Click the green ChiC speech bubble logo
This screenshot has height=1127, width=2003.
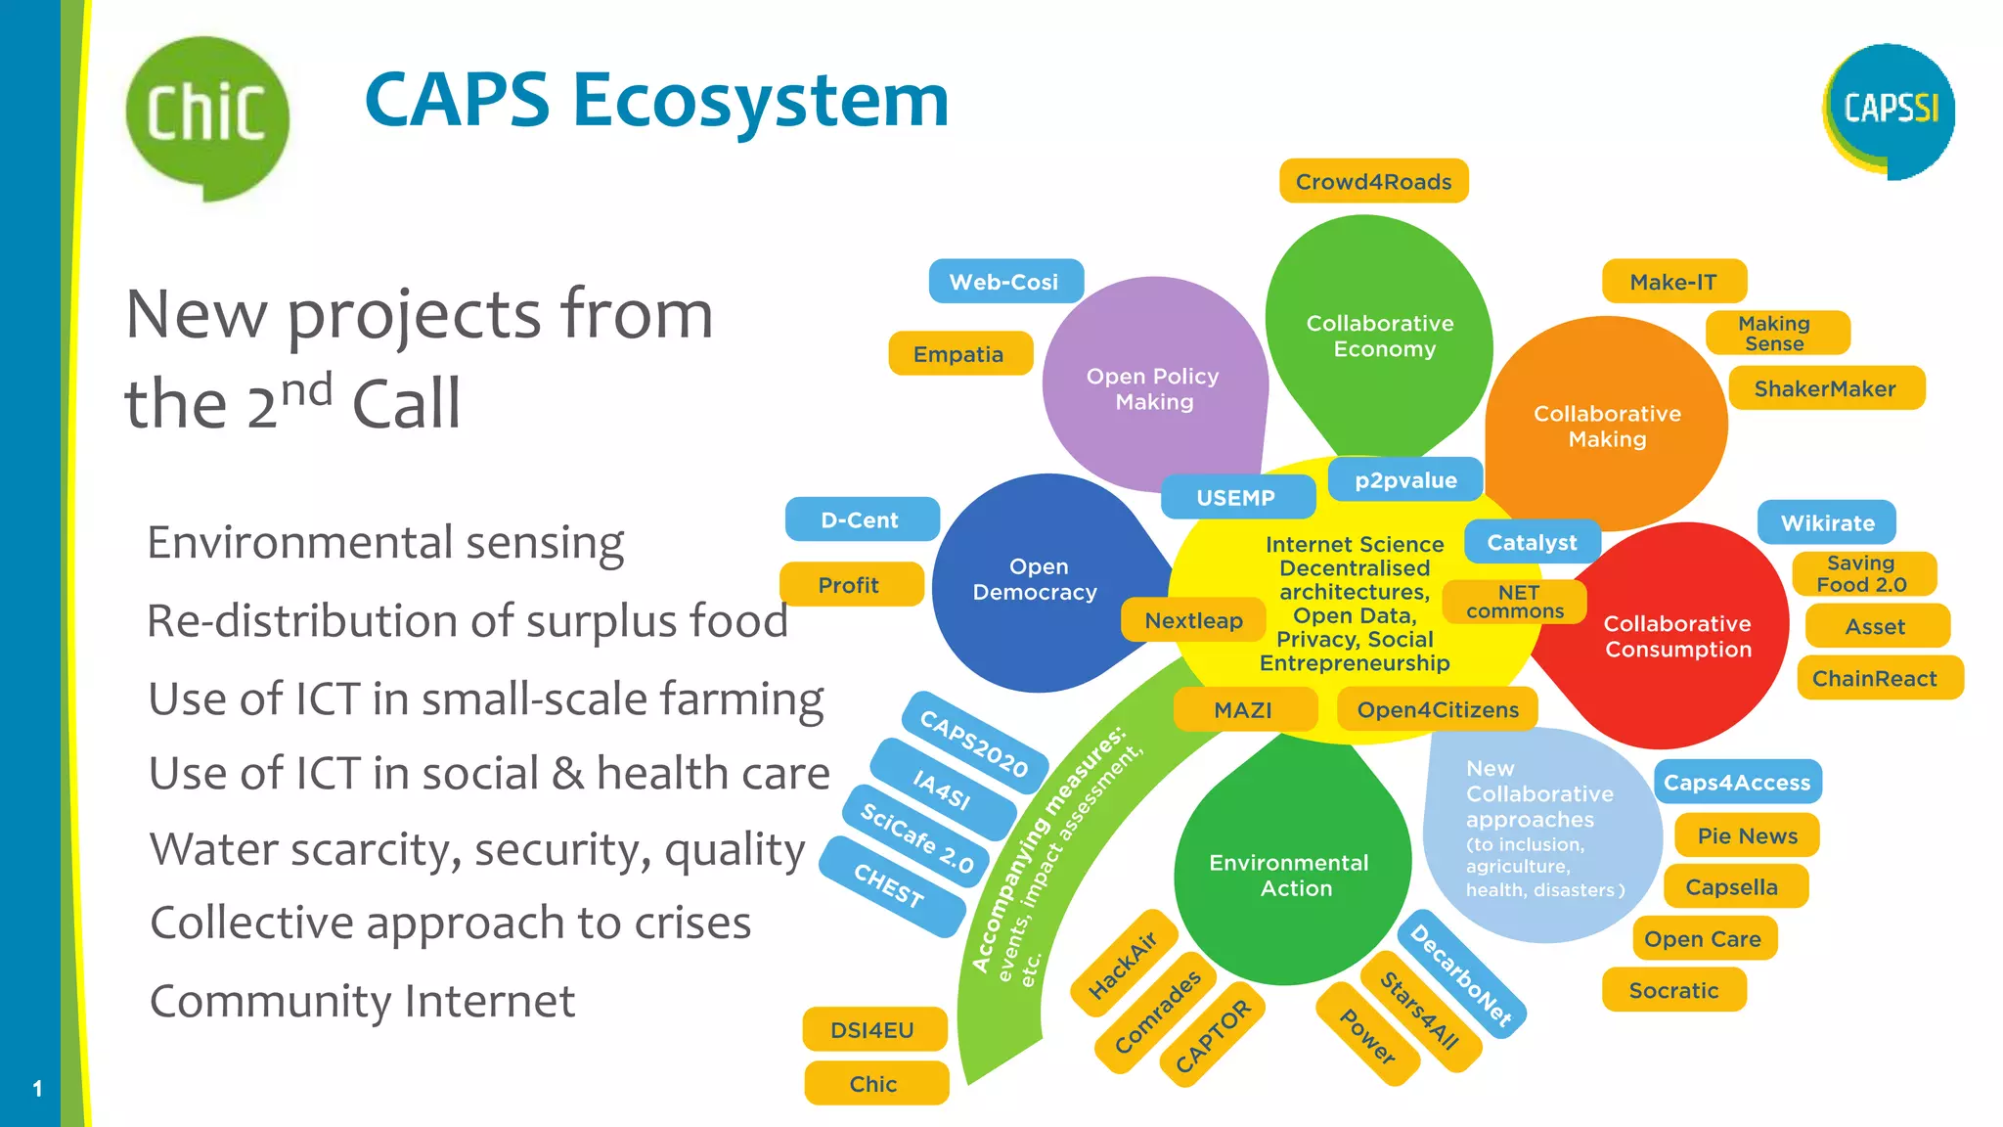tap(207, 114)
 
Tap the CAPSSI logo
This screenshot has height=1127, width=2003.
tap(1890, 109)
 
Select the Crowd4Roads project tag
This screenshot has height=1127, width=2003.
tap(1373, 182)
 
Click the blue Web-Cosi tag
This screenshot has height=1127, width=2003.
tap(1004, 282)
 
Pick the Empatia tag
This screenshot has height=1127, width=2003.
tap(959, 354)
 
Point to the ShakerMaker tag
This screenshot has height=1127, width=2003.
tap(1825, 388)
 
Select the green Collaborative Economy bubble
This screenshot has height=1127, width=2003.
tap(1379, 336)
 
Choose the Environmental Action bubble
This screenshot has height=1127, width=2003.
tap(1290, 875)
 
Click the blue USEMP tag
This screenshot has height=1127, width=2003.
tap(1236, 498)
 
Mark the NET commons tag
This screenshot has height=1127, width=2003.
tap(1515, 602)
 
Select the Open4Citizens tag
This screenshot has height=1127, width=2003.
tap(1438, 710)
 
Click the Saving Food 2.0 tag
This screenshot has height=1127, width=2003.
tap(1862, 574)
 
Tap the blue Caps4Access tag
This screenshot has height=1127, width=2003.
tap(1737, 783)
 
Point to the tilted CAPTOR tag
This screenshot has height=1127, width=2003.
tap(1213, 1036)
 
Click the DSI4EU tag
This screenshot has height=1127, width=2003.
tap(873, 1030)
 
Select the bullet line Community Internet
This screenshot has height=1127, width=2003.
tap(363, 1001)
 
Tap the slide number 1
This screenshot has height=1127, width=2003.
tap(37, 1089)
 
